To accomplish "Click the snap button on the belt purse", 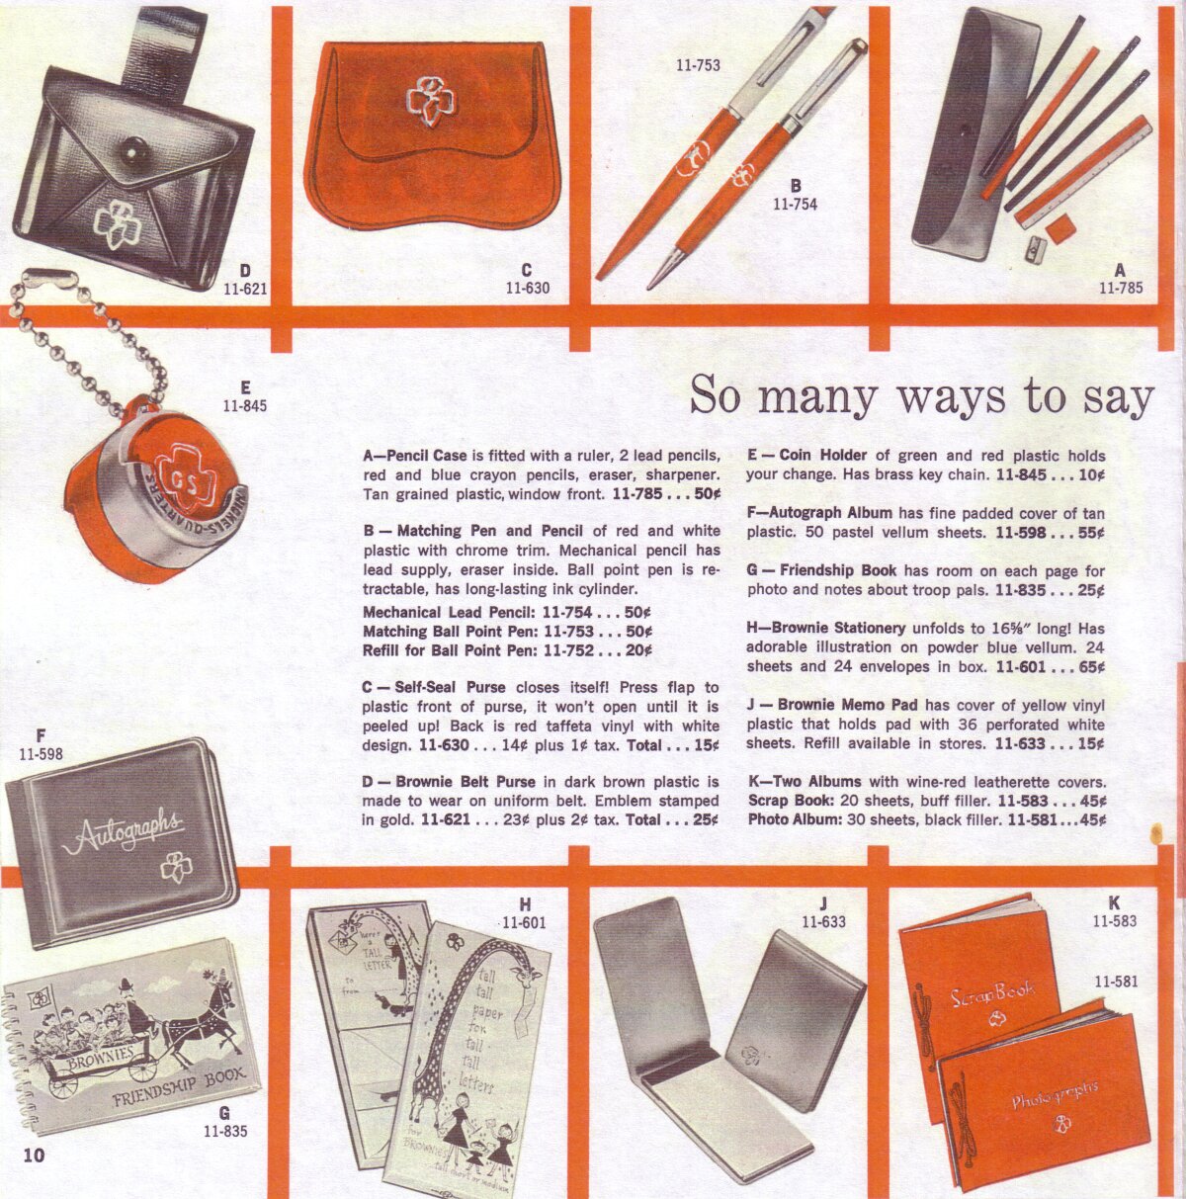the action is click(132, 150).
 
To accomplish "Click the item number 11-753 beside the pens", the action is click(698, 64).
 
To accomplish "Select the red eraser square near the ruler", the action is click(1061, 228).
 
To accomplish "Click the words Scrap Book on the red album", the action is click(992, 993).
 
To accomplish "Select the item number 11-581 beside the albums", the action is click(1116, 982).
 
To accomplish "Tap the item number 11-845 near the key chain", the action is click(245, 405).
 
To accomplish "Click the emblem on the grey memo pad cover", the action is click(751, 1055).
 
